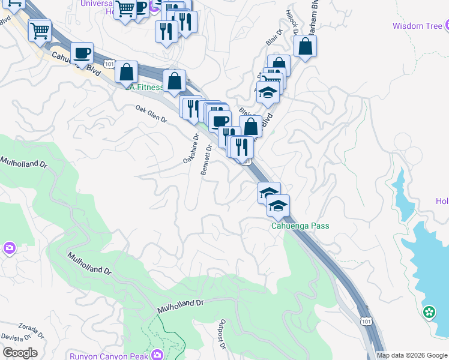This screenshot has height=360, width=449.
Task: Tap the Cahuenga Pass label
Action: point(300,226)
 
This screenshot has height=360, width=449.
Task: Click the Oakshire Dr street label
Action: point(190,149)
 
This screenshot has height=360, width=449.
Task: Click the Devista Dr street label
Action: point(14,340)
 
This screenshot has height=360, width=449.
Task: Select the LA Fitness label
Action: point(146,87)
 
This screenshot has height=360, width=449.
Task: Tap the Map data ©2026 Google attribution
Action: point(412,355)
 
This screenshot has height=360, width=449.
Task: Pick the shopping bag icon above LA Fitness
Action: point(127,72)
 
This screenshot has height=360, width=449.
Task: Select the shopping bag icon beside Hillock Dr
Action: point(305,46)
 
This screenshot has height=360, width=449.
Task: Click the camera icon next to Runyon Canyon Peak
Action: point(157,355)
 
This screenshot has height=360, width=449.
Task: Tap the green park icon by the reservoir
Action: point(429,312)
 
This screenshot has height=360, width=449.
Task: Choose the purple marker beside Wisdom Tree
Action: point(447,25)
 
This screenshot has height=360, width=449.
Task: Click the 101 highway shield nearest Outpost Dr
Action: point(366,322)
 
